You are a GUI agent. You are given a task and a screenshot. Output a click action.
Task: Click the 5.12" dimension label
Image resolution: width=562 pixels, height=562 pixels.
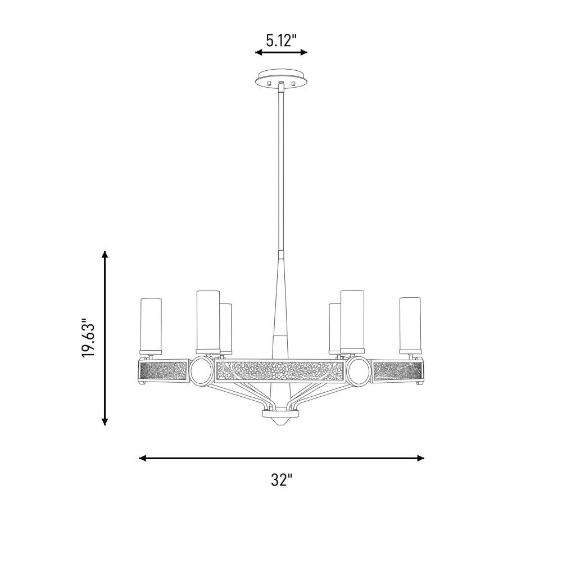click(x=282, y=40)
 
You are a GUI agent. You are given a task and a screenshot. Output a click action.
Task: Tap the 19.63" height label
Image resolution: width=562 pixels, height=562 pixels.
click(x=88, y=337)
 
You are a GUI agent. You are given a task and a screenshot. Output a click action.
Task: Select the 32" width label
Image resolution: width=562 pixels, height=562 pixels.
click(x=282, y=479)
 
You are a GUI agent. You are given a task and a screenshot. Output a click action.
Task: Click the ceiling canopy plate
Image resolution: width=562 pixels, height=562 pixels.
click(x=282, y=78)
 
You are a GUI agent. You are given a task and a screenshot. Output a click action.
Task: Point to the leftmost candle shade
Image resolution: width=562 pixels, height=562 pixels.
click(x=151, y=325)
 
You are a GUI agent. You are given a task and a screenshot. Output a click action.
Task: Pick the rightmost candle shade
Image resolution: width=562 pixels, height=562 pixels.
click(x=410, y=325)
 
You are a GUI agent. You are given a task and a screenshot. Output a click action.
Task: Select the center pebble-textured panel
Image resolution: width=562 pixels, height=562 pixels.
click(x=280, y=371)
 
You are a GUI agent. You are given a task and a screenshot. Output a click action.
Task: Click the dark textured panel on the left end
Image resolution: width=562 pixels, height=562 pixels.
click(x=163, y=371)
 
